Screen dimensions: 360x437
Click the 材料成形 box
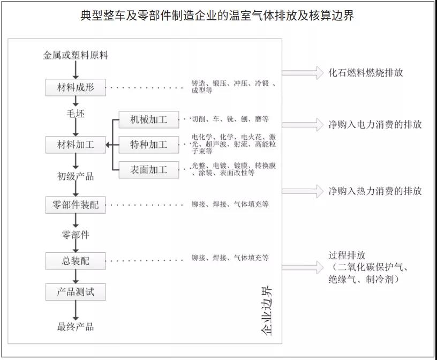tap(76, 87)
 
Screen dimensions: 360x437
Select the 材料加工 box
tap(76, 145)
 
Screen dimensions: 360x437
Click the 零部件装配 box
tap(76, 205)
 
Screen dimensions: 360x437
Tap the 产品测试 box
tap(76, 292)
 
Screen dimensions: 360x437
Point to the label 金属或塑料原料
tap(76, 55)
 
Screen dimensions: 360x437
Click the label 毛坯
tap(76, 114)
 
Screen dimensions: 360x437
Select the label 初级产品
tap(76, 175)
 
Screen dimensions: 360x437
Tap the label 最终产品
tap(76, 326)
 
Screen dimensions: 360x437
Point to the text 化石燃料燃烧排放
tap(366, 73)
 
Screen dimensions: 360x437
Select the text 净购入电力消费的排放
tap(375, 125)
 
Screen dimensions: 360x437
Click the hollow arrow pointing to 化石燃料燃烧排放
tap(303, 72)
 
